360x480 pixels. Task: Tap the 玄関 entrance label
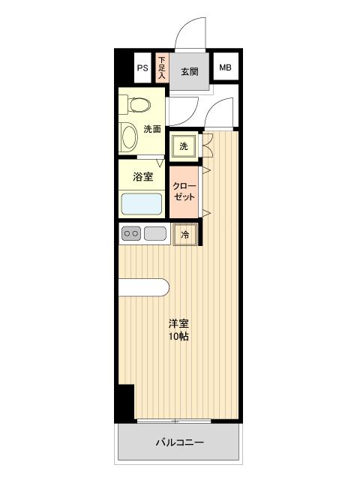point(189,72)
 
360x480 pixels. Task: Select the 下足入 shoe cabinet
point(161,68)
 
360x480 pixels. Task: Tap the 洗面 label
point(152,129)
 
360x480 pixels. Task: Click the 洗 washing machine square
point(184,145)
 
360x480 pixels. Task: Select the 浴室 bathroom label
point(142,177)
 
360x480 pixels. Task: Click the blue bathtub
point(142,204)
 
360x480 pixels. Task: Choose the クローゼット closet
point(184,191)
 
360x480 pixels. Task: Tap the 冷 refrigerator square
point(185,235)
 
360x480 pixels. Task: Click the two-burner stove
point(131,234)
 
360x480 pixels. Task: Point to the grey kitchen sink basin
point(155,234)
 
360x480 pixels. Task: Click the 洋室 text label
point(178,323)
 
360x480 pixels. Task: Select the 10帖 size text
point(178,337)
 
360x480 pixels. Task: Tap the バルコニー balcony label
point(180,442)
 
